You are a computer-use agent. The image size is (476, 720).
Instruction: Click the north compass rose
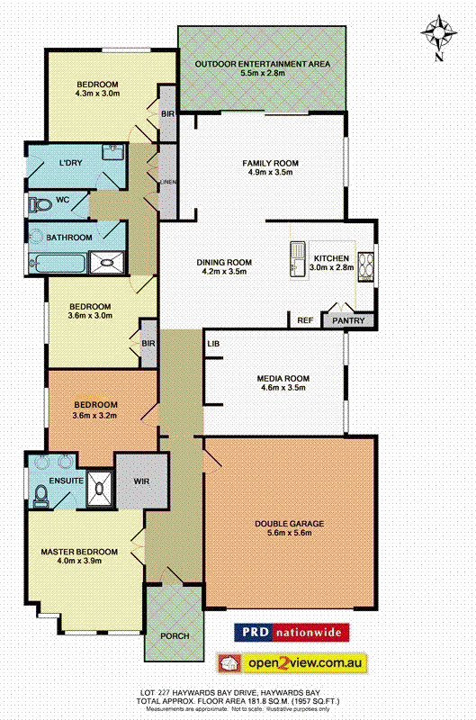[439, 35]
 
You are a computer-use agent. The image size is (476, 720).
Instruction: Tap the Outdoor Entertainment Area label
[263, 64]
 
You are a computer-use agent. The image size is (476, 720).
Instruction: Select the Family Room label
[269, 163]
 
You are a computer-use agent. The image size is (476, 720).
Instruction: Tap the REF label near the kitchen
[304, 319]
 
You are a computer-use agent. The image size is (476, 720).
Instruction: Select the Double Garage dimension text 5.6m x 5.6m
[289, 534]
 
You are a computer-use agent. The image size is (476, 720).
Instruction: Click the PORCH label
[175, 636]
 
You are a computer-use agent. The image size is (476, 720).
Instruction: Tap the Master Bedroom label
[78, 551]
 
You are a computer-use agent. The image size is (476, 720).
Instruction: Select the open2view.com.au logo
[292, 663]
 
